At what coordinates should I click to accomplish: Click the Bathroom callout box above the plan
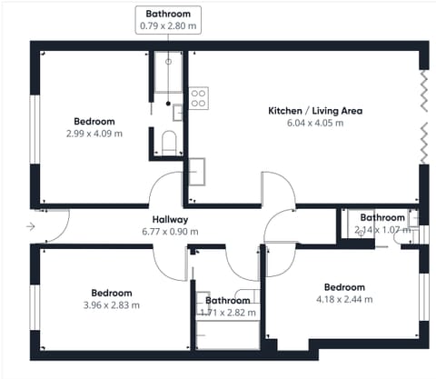tap(168, 20)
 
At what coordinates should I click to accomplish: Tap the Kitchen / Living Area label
tap(315, 111)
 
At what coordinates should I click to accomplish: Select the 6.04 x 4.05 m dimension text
tap(315, 123)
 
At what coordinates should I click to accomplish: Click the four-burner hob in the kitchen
tap(199, 98)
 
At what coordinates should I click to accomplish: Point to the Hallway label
tap(170, 219)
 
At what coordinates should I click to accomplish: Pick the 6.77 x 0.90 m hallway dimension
tap(170, 232)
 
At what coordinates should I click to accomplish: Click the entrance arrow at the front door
tap(31, 226)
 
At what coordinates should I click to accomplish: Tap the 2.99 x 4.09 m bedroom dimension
tap(94, 134)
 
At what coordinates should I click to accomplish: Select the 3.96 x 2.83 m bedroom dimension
tap(112, 305)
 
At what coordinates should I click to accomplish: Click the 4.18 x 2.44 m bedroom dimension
tap(344, 299)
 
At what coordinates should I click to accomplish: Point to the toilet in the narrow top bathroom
tap(169, 143)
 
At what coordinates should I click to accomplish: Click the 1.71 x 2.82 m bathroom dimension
tap(228, 313)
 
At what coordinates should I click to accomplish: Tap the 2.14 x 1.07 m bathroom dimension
tap(382, 230)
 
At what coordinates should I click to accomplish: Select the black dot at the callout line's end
tap(168, 104)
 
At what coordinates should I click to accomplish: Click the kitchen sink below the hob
tap(197, 172)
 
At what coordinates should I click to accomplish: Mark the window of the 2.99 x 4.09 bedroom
tap(35, 129)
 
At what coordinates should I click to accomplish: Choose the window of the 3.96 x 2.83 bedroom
tap(35, 307)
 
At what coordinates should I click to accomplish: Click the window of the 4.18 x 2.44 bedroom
tap(424, 297)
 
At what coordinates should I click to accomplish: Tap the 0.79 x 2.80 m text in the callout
tap(168, 25)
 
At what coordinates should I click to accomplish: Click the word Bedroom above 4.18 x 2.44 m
tap(344, 287)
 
